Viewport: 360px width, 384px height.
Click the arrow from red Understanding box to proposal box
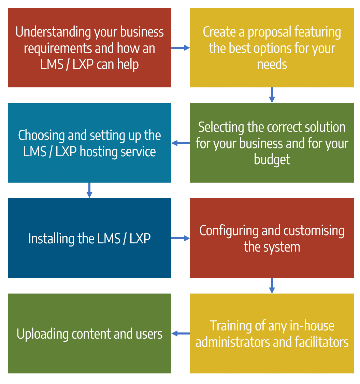click(x=181, y=48)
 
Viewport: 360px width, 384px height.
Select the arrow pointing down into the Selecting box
click(x=272, y=95)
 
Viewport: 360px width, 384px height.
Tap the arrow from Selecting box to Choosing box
click(x=181, y=143)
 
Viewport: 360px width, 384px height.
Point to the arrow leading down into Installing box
click(x=89, y=190)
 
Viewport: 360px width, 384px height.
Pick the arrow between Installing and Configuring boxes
click(x=181, y=238)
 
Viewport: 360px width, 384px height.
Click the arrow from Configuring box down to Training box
click(x=272, y=286)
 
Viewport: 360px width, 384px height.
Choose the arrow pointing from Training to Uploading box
click(x=181, y=333)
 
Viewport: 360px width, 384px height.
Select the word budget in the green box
click(x=272, y=159)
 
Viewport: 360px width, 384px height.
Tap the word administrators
click(x=233, y=342)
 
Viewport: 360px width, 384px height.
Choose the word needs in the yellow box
click(x=272, y=64)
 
